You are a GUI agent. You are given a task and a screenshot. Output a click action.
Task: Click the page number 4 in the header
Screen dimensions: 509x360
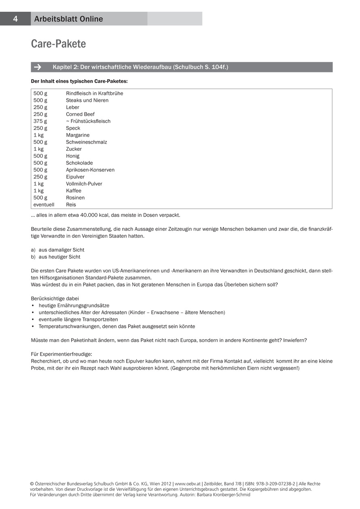[15, 19]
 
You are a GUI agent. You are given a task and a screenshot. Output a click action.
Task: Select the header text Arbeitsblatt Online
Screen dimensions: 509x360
[68, 19]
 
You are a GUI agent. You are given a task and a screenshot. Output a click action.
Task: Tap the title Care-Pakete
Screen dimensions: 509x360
[58, 44]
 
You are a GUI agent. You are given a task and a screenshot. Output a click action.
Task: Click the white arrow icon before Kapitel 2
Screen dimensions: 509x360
[38, 67]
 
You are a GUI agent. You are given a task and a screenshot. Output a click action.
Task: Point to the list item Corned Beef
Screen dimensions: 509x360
[80, 114]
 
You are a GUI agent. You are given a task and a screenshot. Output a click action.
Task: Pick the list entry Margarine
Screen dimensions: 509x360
[78, 135]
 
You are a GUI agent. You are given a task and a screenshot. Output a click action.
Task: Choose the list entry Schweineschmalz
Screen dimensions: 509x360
[86, 142]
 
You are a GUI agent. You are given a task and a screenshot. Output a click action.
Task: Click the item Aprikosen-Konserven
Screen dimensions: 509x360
[90, 170]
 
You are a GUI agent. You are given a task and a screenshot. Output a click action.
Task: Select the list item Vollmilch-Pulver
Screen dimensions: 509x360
[84, 184]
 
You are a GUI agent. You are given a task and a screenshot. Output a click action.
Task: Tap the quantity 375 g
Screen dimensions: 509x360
[40, 121]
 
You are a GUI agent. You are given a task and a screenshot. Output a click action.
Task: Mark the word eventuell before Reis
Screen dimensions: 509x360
[44, 205]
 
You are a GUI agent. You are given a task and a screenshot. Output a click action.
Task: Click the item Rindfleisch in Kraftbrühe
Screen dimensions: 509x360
[94, 93]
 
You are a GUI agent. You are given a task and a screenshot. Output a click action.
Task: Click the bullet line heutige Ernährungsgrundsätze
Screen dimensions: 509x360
[74, 306]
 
